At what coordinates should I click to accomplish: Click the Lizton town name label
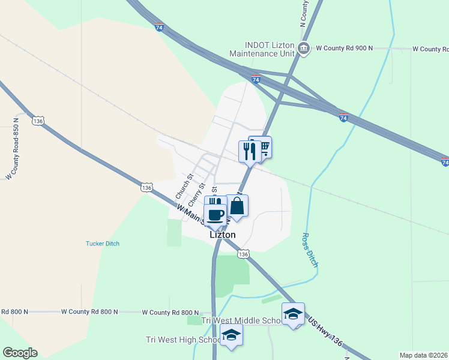coord(223,235)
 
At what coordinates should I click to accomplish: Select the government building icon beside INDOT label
coord(304,48)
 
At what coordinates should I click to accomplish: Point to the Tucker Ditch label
coord(103,244)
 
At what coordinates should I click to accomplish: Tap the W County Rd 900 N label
coord(344,47)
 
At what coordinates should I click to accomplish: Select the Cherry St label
coord(196,193)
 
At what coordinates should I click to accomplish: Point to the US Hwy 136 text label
coord(327,331)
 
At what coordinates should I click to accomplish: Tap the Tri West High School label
coord(184,340)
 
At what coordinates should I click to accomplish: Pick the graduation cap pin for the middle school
coord(293,314)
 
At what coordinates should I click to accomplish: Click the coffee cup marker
coord(215,214)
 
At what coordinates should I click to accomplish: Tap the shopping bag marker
coord(237,206)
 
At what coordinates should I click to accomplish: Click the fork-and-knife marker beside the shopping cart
coord(249,151)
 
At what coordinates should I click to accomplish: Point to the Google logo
coord(20,353)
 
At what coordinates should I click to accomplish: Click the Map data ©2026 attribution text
coord(423,355)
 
